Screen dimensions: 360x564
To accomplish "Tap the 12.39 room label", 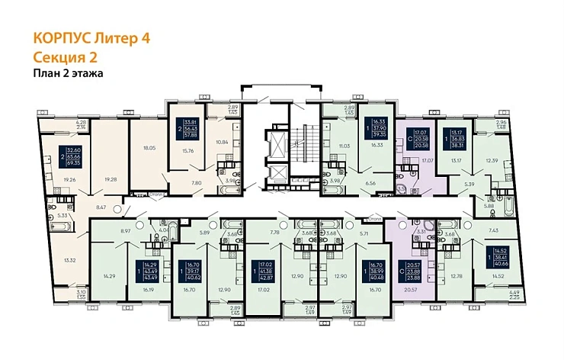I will (490, 160).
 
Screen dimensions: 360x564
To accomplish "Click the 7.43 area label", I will (492, 230).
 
